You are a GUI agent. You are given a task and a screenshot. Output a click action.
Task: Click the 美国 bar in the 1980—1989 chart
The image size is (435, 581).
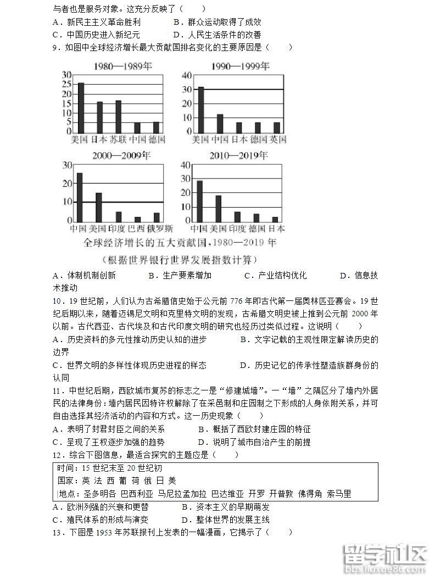tap(81, 107)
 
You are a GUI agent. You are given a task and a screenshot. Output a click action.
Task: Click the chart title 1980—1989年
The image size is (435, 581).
tap(122, 67)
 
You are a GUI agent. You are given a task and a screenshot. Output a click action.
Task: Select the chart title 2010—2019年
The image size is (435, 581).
tap(239, 157)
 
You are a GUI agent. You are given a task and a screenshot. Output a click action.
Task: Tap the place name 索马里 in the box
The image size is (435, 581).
tap(339, 494)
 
